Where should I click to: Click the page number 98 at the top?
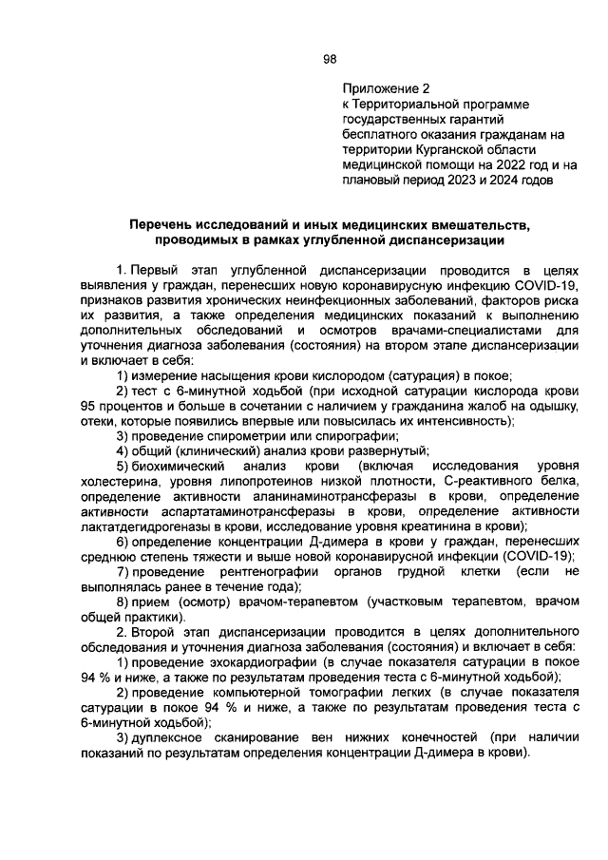tap(330, 58)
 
